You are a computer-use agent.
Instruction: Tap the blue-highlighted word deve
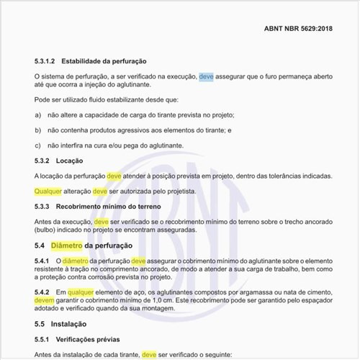click(206, 75)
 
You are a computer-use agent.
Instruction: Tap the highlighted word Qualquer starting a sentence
click(48, 192)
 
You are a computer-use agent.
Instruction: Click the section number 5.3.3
click(43, 207)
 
